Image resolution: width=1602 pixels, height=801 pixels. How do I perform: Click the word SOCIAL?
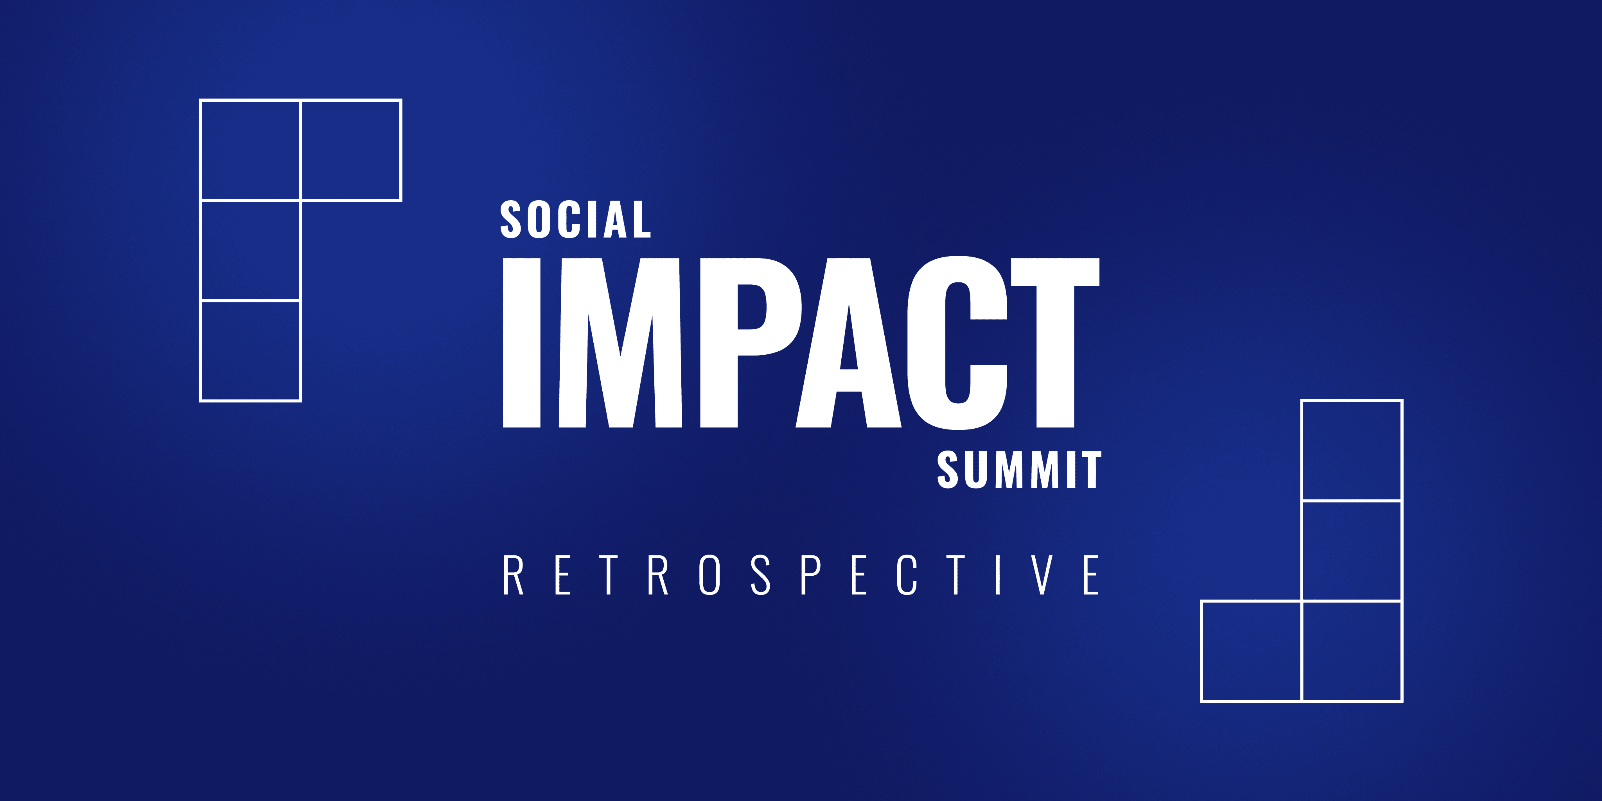[x=575, y=219]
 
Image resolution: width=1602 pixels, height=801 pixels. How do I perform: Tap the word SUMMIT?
[x=1019, y=470]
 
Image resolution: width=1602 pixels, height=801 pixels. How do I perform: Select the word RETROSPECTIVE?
[x=801, y=575]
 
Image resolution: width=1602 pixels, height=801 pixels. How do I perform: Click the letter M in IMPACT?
[x=621, y=343]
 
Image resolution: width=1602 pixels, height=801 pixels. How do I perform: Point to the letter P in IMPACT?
[x=751, y=343]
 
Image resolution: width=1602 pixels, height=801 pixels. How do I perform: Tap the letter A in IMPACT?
[x=849, y=343]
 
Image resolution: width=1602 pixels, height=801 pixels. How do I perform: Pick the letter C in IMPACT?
[x=957, y=343]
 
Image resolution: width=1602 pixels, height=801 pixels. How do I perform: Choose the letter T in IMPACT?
[x=1055, y=343]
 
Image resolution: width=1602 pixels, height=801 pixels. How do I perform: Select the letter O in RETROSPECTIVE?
[x=709, y=575]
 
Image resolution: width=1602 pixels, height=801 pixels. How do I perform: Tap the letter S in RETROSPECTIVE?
[x=761, y=575]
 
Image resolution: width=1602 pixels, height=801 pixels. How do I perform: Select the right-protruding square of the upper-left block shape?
[x=351, y=150]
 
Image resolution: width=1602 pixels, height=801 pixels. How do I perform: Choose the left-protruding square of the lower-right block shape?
[x=1251, y=651]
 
